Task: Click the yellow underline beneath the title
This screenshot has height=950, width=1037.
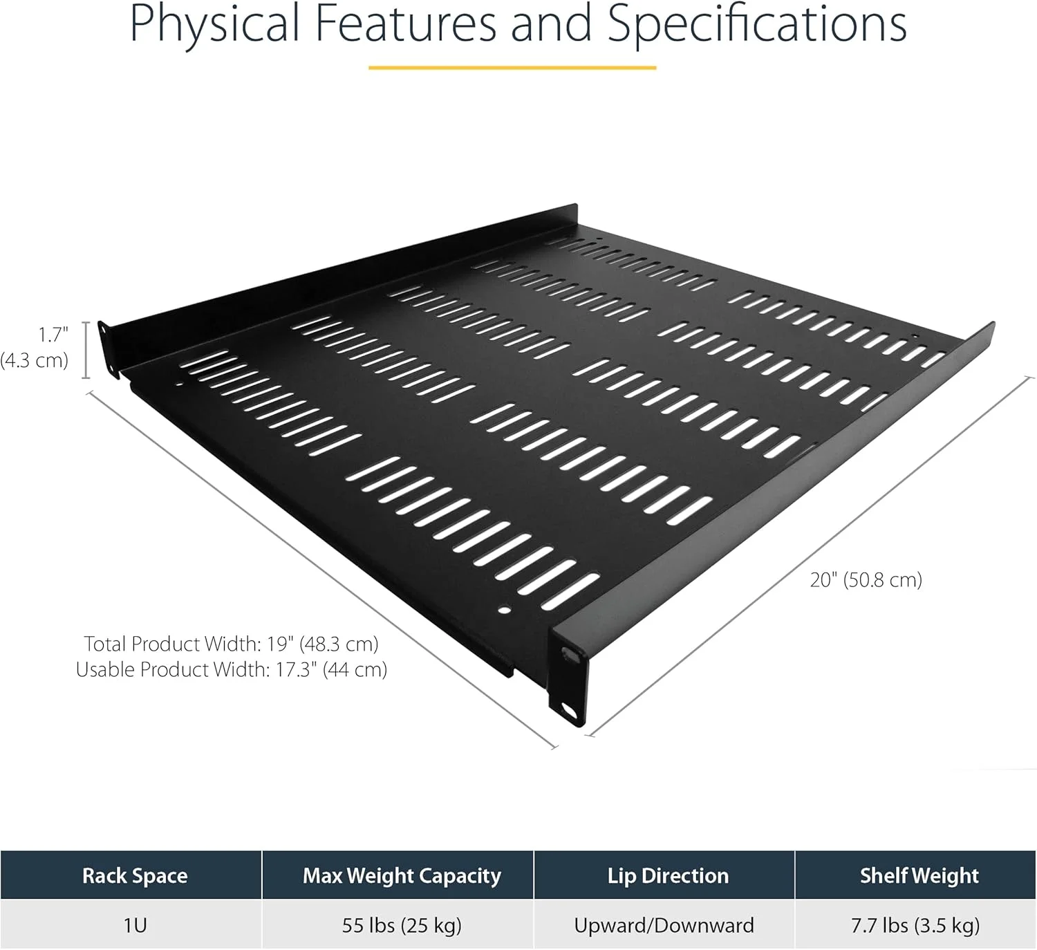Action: (x=512, y=68)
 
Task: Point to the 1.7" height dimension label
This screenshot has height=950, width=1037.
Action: (x=53, y=335)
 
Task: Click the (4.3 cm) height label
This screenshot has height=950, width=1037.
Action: (x=34, y=360)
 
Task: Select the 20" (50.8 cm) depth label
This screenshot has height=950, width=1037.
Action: (x=866, y=580)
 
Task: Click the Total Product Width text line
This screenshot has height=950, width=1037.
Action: (x=231, y=644)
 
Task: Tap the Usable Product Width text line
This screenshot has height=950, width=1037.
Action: (x=231, y=670)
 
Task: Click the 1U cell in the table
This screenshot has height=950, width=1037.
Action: (x=135, y=925)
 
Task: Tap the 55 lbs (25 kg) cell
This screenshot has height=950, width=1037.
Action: (x=402, y=926)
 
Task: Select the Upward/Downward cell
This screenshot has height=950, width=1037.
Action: (x=664, y=926)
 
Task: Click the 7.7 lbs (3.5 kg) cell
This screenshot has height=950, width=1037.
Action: (x=915, y=926)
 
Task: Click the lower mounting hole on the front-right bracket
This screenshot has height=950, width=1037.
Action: (x=570, y=713)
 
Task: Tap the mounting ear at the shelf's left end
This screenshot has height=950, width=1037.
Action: (x=105, y=349)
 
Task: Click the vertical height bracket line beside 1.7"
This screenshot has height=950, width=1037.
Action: (x=86, y=350)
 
